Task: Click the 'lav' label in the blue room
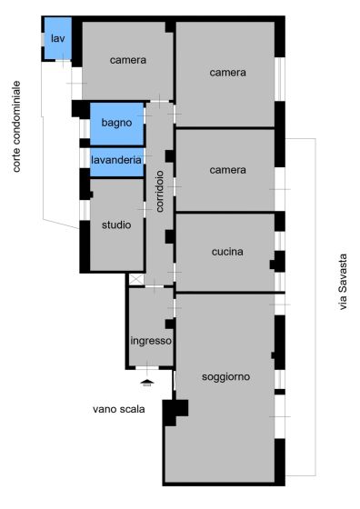58,38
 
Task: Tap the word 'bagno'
116,123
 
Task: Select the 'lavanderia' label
116,160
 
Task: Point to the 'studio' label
116,225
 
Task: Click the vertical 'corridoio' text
159,192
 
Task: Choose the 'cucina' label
227,252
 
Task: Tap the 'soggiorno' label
226,377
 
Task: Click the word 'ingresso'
151,341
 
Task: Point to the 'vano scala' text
119,409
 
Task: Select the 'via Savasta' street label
343,282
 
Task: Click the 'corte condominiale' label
16,126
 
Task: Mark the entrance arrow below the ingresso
147,383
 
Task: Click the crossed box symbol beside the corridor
136,280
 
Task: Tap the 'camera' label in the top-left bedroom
128,60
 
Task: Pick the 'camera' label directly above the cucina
227,170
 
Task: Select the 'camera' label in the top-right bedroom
227,73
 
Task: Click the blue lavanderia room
117,163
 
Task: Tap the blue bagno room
117,124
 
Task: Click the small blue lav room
58,38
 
